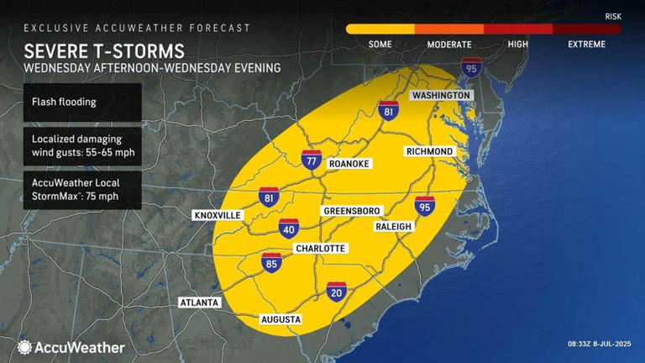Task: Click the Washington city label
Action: (x=440, y=96)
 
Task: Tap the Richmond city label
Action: (x=429, y=151)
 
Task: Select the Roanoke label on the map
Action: (x=349, y=163)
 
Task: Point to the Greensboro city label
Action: (x=352, y=210)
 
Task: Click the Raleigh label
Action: (x=393, y=227)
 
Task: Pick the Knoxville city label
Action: (x=218, y=216)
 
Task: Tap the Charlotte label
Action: (x=320, y=249)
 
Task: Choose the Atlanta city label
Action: (x=199, y=302)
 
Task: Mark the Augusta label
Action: (x=281, y=319)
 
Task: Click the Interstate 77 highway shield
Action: (x=312, y=159)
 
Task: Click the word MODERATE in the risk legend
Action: (x=448, y=45)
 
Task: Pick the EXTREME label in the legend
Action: (x=586, y=45)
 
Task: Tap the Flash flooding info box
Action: (x=81, y=102)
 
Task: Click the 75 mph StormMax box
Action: (x=81, y=189)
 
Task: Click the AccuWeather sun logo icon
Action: (x=24, y=347)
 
